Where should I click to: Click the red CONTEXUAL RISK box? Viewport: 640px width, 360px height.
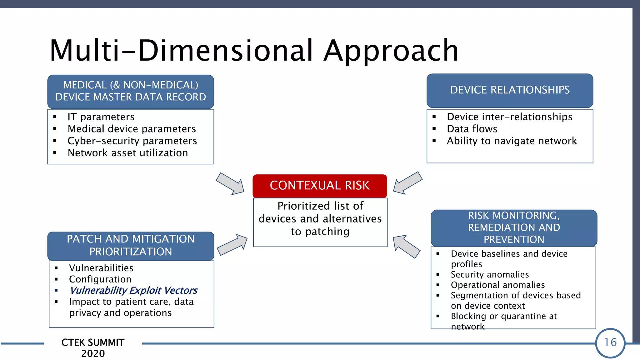320,186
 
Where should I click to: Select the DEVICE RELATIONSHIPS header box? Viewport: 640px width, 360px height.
510,90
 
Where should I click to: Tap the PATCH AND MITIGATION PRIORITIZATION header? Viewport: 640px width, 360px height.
131,246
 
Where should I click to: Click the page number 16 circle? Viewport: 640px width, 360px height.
610,343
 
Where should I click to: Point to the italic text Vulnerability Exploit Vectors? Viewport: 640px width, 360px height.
133,290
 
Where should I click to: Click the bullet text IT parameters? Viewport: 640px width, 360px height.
101,117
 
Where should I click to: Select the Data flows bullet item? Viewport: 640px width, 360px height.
472,129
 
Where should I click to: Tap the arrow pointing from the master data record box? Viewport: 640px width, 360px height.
231,184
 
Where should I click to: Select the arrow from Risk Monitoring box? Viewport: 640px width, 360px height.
406,246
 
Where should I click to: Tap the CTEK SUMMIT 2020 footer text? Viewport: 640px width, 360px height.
93,348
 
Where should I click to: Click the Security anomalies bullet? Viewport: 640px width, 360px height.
490,274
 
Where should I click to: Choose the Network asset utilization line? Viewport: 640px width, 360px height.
128,153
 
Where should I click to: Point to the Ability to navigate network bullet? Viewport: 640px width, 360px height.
512,141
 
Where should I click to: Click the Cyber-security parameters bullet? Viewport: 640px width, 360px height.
132,141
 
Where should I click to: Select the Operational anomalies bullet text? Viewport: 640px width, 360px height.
497,285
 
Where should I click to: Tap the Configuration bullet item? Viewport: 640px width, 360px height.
100,279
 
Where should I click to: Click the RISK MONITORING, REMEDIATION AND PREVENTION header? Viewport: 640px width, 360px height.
514,227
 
